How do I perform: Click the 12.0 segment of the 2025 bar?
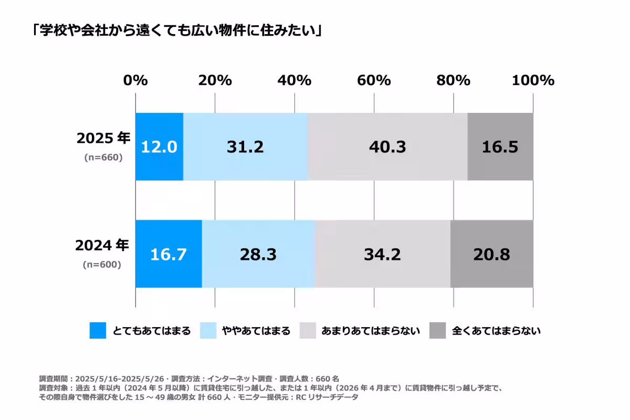(x=159, y=147)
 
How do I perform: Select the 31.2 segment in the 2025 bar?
(x=245, y=147)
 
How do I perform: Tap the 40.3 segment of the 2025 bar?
(x=387, y=147)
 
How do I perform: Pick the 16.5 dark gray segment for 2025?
(x=500, y=147)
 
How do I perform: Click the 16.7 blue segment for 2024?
(x=169, y=254)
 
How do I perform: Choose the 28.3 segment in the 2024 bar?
(x=258, y=254)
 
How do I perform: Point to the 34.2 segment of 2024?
(x=382, y=254)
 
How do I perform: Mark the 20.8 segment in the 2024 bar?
(x=491, y=254)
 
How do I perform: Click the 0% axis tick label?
(x=135, y=80)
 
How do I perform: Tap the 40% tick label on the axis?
(x=295, y=80)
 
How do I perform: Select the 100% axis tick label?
(x=533, y=80)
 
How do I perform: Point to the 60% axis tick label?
(x=374, y=80)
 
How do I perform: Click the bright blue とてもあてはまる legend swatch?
(x=98, y=331)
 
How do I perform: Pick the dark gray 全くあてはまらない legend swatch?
(x=438, y=331)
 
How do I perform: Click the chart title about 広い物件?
(x=176, y=30)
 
